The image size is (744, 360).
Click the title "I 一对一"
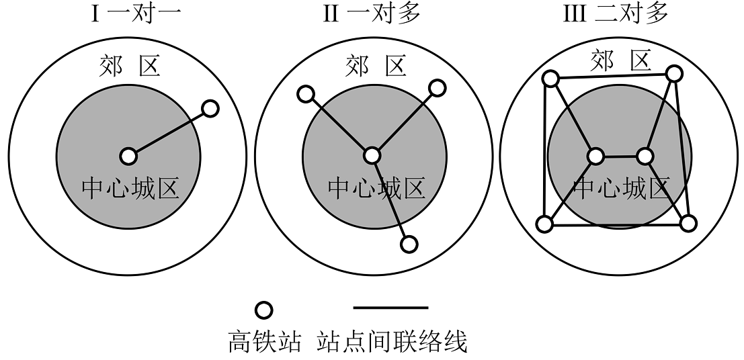point(136,13)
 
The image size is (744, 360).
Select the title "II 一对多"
point(372,13)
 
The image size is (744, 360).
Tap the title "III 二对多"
point(616,13)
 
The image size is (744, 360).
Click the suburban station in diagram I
point(210,109)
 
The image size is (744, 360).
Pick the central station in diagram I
point(128,156)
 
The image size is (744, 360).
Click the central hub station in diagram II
point(372,156)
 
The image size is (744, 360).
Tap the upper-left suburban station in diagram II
point(306,94)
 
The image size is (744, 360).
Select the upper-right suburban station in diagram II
point(437,88)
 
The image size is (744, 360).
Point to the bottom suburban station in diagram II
point(409,244)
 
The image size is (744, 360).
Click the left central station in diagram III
point(595,156)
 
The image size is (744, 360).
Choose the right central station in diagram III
point(645,156)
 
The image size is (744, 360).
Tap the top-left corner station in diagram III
point(550,79)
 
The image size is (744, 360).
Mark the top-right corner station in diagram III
point(674,73)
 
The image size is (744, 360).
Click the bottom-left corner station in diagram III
point(544,224)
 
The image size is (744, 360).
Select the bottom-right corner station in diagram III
point(688,223)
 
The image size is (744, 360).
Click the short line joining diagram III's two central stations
point(620,156)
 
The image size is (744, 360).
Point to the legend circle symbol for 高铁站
point(264,310)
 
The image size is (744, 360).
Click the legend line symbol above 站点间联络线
point(391,308)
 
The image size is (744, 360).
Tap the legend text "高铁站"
point(264,341)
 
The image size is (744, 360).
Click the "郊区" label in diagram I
point(129,65)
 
